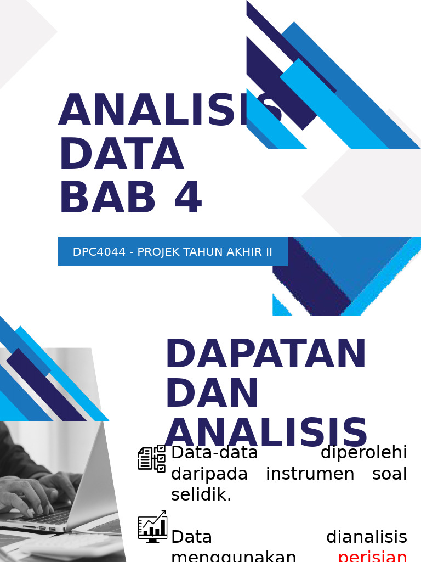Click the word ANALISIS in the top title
170,110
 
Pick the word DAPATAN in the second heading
266,354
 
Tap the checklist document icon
151,458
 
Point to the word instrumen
312,474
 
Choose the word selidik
201,494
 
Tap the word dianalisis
366,536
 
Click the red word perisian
372,556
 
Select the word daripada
209,474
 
